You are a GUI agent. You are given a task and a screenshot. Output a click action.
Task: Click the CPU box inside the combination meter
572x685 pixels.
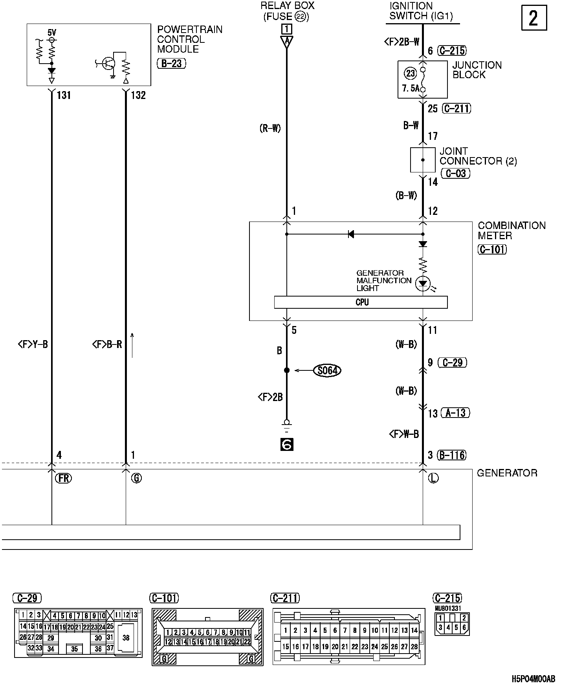coord(361,302)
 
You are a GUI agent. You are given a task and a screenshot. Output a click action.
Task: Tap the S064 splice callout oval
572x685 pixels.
coord(327,370)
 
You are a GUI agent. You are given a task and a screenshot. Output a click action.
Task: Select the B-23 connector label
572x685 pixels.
coord(171,63)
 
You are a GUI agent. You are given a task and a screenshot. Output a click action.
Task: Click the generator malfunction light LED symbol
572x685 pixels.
coord(423,283)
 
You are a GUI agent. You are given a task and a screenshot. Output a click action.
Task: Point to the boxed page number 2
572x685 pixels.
coord(533,18)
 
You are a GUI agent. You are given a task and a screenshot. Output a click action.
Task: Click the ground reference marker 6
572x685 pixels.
coord(287,444)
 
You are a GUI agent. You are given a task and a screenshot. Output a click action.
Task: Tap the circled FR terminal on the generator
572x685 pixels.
coord(63,478)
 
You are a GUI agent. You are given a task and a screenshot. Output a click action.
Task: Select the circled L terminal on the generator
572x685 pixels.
coord(433,478)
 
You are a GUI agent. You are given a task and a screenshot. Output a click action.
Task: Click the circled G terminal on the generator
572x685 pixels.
coord(136,478)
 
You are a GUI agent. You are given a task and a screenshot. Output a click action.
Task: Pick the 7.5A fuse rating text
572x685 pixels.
coord(411,88)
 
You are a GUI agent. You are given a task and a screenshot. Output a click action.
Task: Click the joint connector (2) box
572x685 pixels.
coord(423,160)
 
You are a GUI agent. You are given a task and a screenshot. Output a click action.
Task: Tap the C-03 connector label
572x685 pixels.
coord(455,173)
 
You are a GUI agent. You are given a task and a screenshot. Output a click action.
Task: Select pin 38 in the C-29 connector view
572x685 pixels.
coord(126,637)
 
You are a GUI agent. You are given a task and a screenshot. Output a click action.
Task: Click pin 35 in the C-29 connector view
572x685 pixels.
coord(74,649)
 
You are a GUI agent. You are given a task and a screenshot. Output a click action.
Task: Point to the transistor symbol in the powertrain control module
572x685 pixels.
coord(108,64)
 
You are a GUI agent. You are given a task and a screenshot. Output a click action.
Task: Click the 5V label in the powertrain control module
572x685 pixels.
coord(52,32)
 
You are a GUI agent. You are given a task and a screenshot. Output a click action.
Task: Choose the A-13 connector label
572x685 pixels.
coord(455,413)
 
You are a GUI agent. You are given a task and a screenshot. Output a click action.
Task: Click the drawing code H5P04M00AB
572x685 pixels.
coord(533,679)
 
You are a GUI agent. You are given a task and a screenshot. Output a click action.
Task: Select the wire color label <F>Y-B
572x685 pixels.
coord(33,344)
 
